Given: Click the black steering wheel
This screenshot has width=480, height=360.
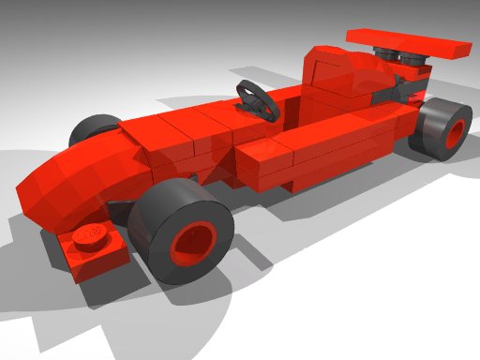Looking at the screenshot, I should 255,97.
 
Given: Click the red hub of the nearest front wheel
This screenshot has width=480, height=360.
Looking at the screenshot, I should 200,243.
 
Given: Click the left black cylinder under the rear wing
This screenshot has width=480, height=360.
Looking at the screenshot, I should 384,55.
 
